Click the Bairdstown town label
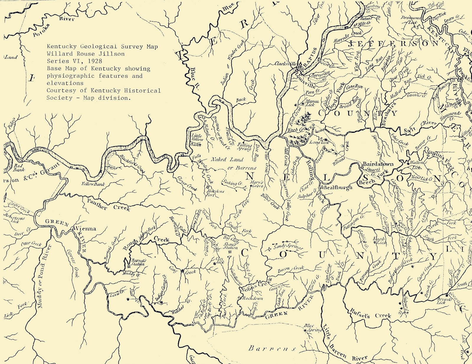pyautogui.click(x=378, y=164)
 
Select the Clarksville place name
pyautogui.click(x=286, y=64)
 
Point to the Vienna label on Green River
pyautogui.click(x=86, y=229)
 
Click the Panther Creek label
pyautogui.click(x=108, y=204)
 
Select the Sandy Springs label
pyautogui.click(x=288, y=246)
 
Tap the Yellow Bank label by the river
pyautogui.click(x=93, y=184)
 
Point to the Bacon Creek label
pyautogui.click(x=291, y=269)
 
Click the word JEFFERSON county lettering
pyautogui.click(x=393, y=44)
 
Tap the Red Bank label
pyautogui.click(x=19, y=168)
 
